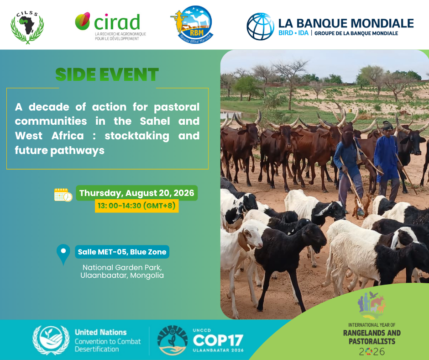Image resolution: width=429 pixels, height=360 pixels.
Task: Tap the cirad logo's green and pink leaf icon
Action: coord(83,21)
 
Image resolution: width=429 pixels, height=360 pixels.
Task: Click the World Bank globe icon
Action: coord(260,26)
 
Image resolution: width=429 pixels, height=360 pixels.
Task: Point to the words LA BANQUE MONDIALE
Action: coord(346,24)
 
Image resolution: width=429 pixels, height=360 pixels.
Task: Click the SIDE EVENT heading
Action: coord(107,74)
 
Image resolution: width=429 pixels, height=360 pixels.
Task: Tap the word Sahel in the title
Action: coord(155,121)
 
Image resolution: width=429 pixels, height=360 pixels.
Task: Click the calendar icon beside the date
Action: coord(63,195)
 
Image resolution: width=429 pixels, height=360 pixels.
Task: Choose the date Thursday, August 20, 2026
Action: coord(137,193)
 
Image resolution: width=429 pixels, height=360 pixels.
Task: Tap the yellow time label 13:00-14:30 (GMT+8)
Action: coord(136,206)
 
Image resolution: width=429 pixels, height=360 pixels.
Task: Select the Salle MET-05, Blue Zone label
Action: coord(122,252)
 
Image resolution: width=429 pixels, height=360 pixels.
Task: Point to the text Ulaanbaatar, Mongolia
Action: coord(122,275)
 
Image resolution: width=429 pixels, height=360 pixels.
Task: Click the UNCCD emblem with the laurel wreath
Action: coord(51,340)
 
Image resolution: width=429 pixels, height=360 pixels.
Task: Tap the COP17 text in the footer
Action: coord(218,340)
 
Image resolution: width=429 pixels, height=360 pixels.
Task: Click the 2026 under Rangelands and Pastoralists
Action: coord(372,351)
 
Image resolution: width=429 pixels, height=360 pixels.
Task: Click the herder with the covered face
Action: coord(348,167)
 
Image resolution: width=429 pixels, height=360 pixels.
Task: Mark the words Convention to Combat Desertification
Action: coord(108,345)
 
